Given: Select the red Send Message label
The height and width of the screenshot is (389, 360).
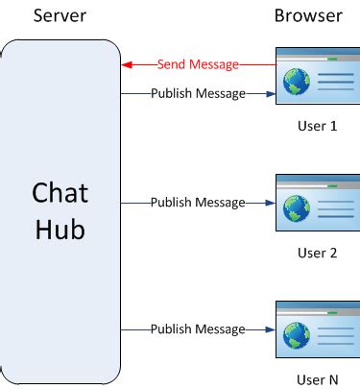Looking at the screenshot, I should tap(199, 64).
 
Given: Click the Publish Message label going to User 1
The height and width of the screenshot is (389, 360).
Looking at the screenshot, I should tap(198, 93).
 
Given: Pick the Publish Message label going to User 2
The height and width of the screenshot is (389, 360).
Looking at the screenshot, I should tap(198, 203).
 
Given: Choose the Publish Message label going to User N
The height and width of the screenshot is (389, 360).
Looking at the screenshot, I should tap(198, 329).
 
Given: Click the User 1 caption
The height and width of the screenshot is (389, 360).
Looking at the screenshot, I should tap(319, 127).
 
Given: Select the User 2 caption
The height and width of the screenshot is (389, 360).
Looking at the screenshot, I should tap(319, 254).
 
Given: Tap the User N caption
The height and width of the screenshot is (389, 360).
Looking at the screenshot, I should tap(319, 379).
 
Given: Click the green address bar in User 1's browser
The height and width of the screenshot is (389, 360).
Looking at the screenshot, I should tap(333, 58).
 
